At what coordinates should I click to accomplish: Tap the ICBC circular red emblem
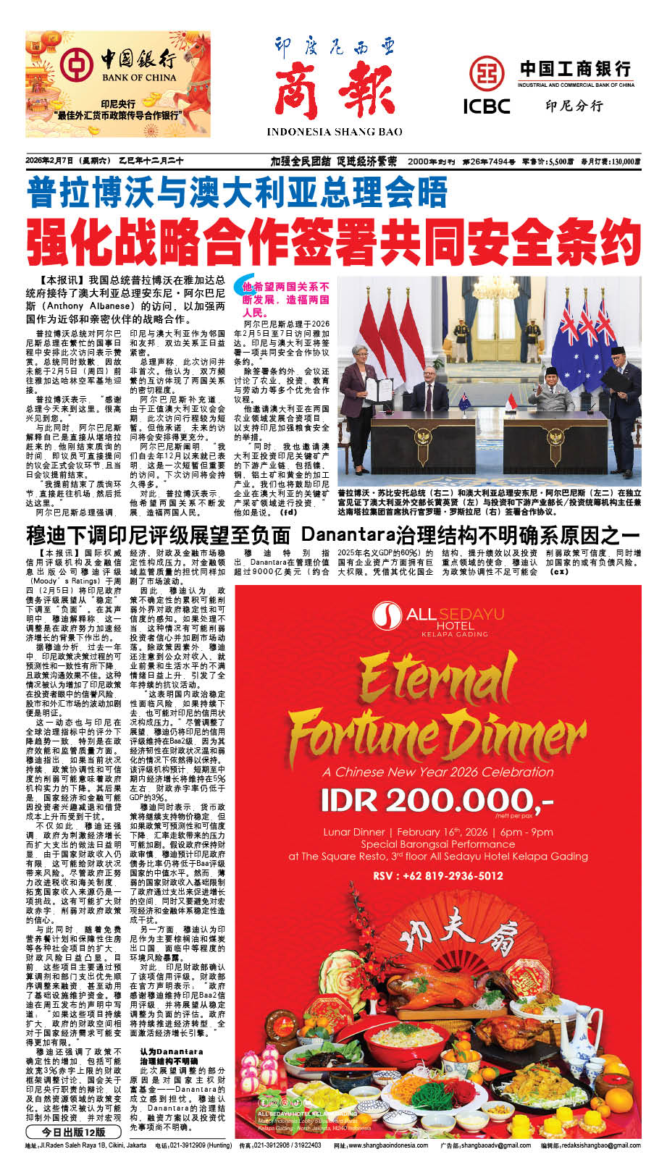click(486, 74)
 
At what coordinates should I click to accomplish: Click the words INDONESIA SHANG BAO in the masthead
click(335, 132)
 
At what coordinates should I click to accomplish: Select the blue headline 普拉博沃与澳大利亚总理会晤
click(237, 191)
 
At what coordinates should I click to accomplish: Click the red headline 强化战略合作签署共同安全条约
click(334, 241)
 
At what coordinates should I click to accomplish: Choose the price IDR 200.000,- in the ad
click(437, 801)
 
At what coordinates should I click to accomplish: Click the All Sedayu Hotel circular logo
click(387, 617)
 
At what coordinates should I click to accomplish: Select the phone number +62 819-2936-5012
click(437, 875)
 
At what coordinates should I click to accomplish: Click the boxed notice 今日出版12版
click(72, 1132)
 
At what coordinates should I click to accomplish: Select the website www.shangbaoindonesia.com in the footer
click(390, 1145)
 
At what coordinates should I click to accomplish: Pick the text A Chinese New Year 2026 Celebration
click(437, 772)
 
